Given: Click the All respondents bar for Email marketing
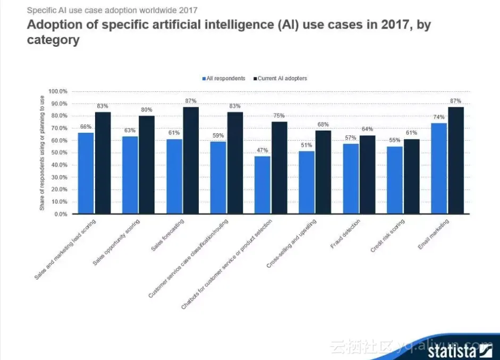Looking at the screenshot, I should point(438,168).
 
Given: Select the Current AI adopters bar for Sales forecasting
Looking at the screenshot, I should point(191,160).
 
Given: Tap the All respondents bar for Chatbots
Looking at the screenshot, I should point(262,185).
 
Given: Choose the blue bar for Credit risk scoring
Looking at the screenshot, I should point(394,180).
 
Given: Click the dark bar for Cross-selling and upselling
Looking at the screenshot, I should point(324,172).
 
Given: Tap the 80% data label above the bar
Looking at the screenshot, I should point(147,110).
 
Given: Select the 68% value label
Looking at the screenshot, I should point(324,125).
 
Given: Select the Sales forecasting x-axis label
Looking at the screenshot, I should point(169,235).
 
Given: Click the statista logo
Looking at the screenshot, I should point(460,350).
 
